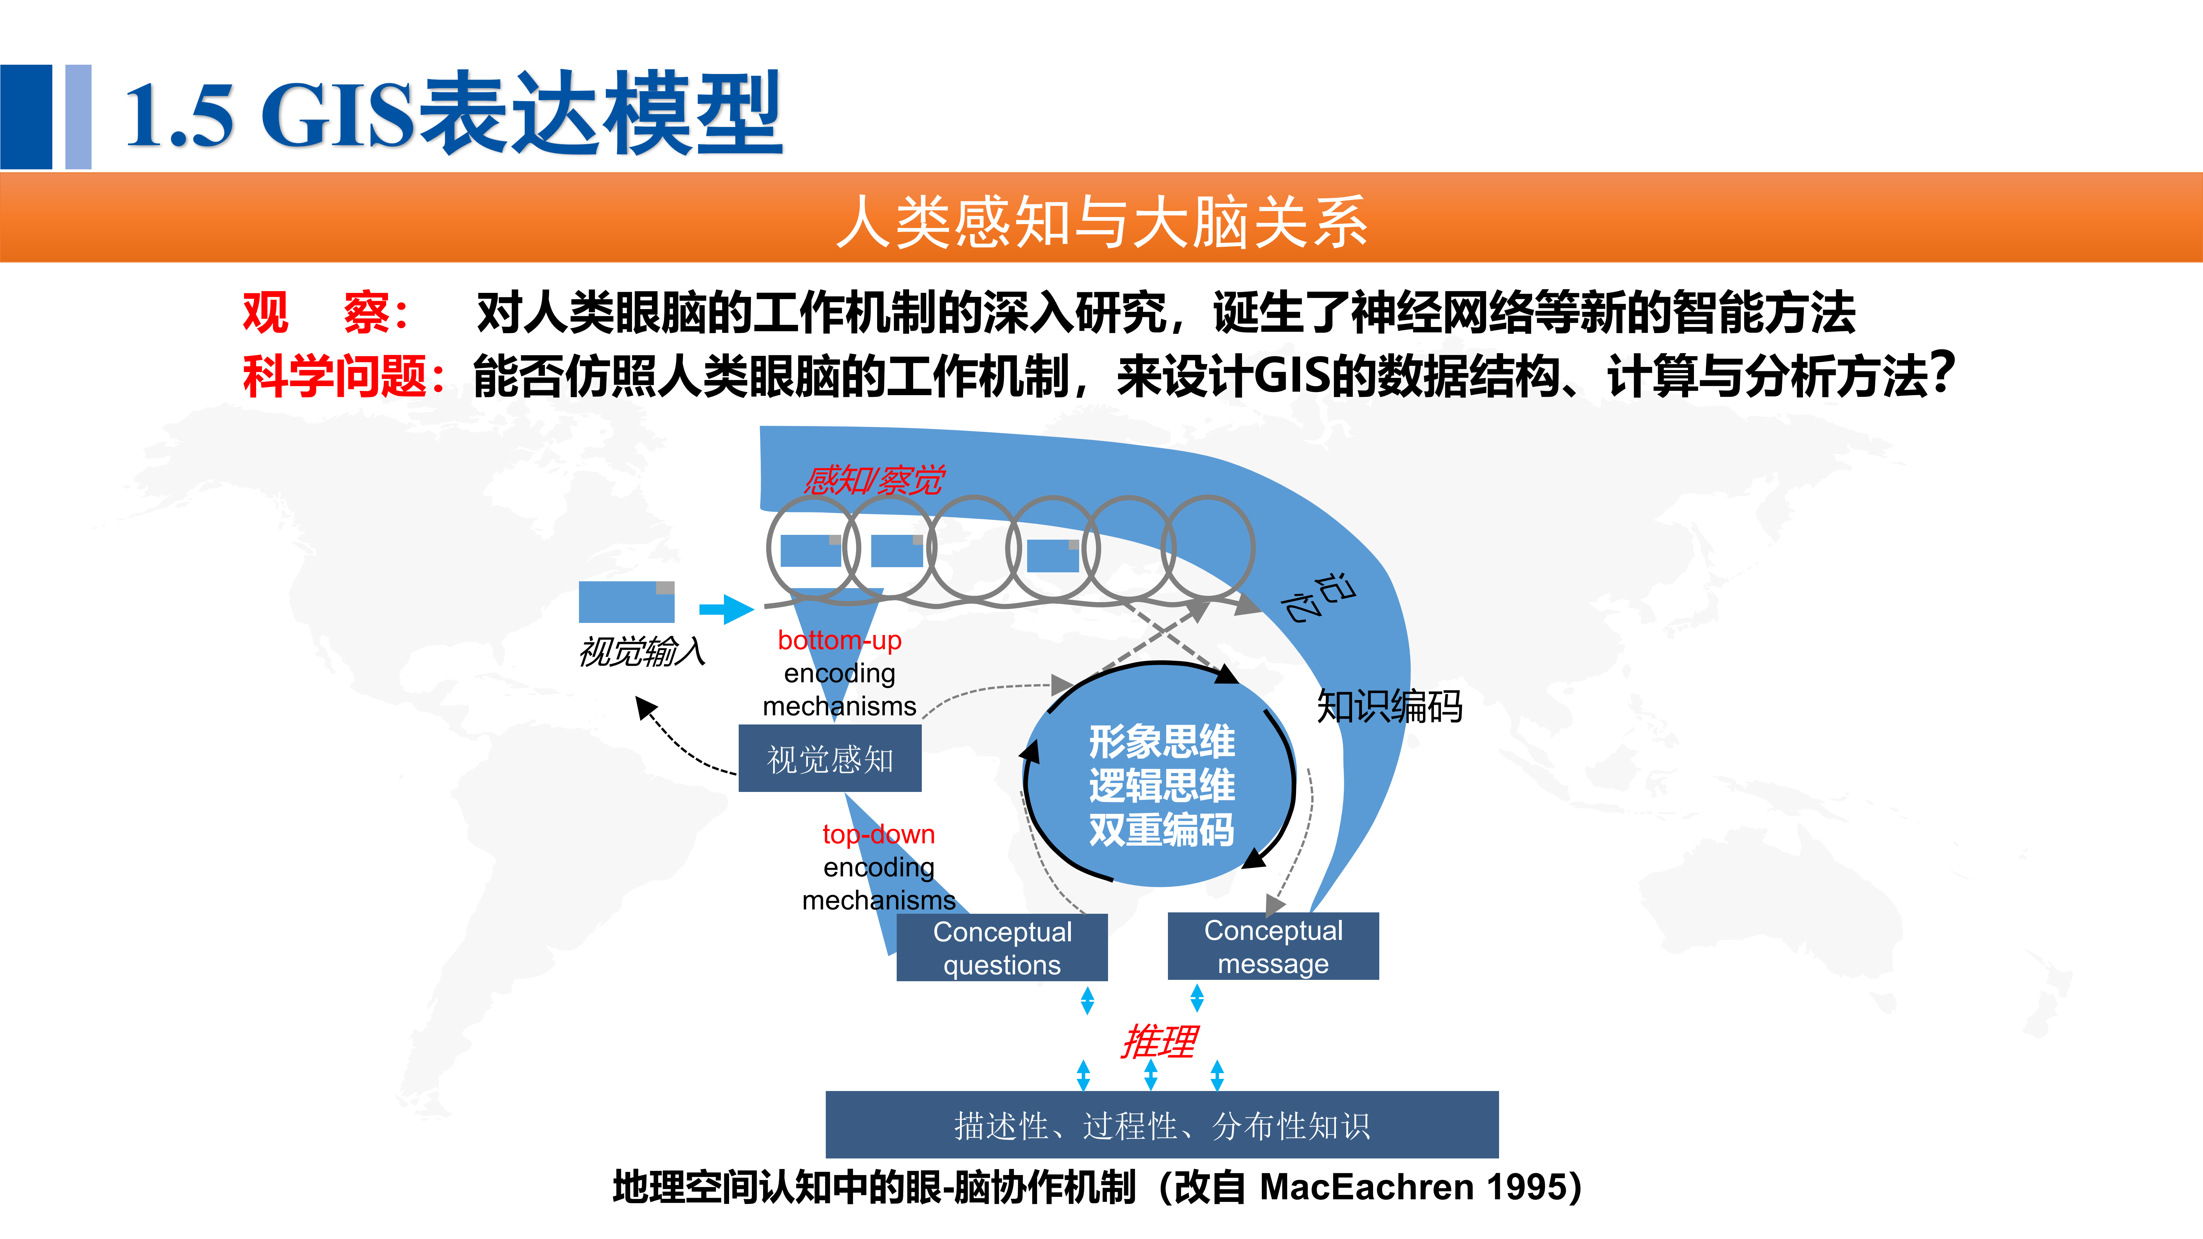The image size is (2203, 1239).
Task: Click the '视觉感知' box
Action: pyautogui.click(x=830, y=759)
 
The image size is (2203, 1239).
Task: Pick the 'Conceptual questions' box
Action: pyautogui.click(x=1001, y=947)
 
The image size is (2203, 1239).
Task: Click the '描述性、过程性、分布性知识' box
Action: pyautogui.click(x=1161, y=1125)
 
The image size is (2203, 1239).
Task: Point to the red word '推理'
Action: pyautogui.click(x=1159, y=1041)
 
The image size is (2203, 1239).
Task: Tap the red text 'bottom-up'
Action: pyautogui.click(x=839, y=639)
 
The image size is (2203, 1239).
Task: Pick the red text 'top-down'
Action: pyautogui.click(x=878, y=834)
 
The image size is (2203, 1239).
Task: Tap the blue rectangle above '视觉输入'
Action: pyautogui.click(x=626, y=602)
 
